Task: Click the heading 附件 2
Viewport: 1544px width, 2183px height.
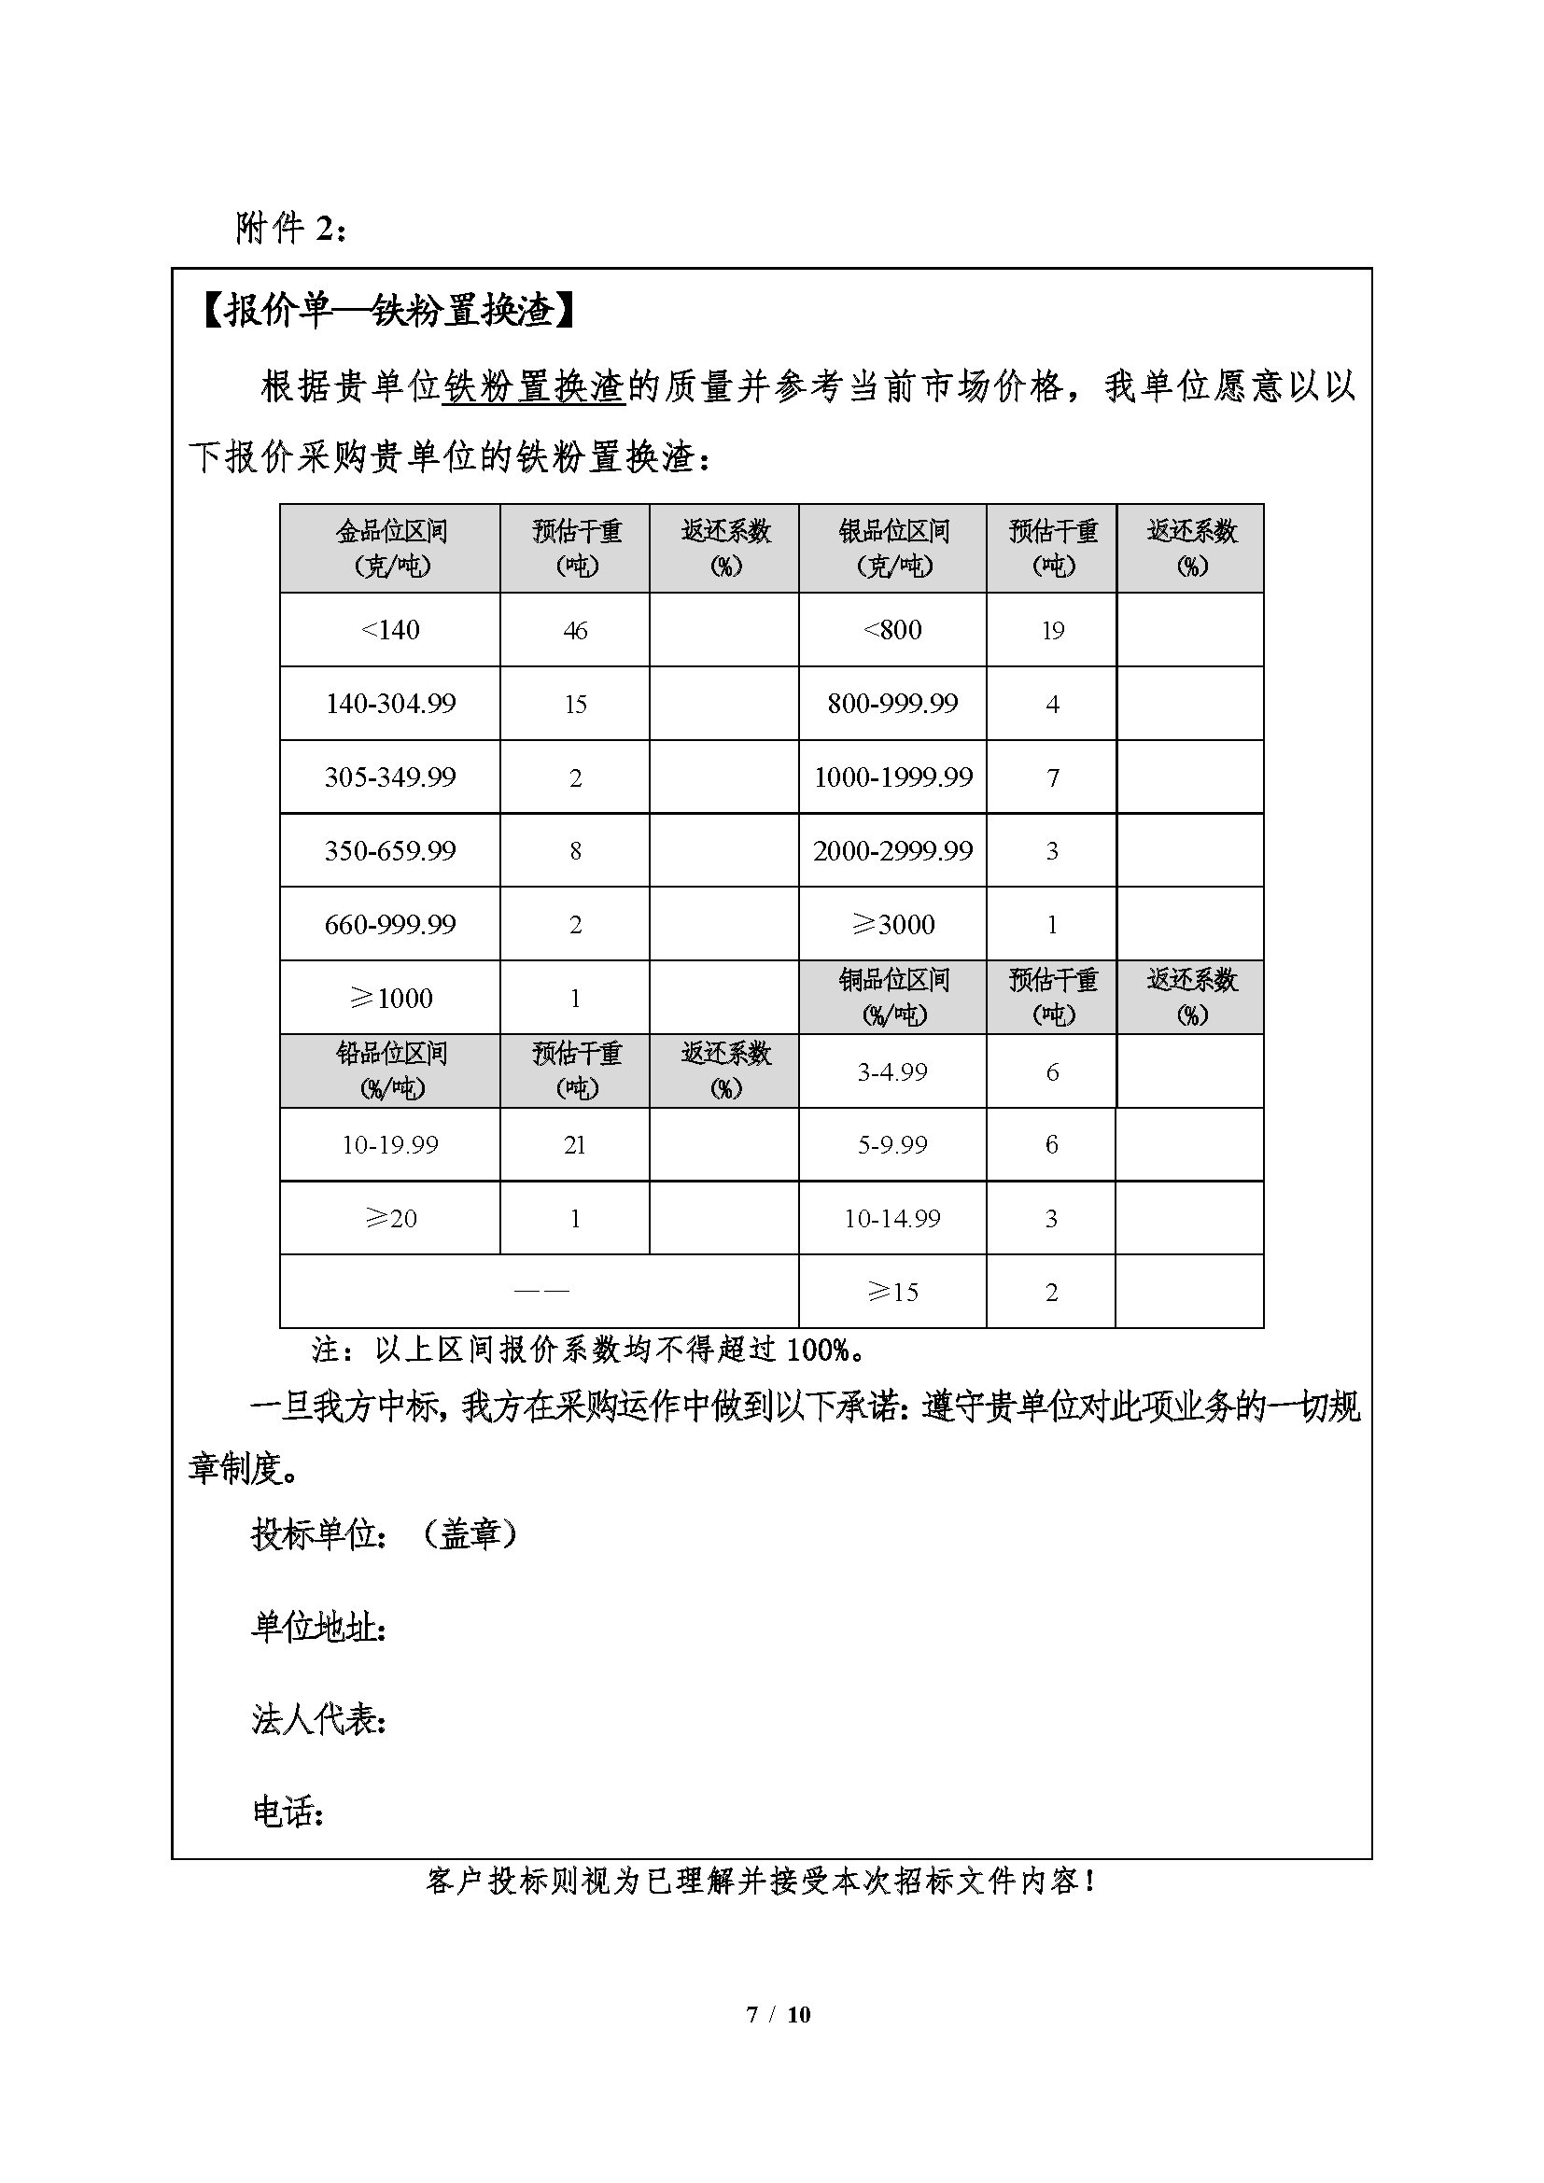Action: (x=291, y=228)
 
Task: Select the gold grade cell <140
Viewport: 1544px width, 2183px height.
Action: (x=390, y=630)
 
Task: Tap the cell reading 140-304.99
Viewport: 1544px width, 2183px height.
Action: (x=390, y=704)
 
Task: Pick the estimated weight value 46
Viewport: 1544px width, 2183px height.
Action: (x=575, y=630)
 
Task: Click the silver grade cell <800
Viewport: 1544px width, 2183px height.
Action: (x=891, y=630)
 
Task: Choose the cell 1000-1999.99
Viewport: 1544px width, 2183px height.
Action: (x=892, y=777)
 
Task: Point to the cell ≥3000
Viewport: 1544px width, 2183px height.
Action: (x=892, y=924)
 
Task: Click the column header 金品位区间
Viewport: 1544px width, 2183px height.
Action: (x=391, y=548)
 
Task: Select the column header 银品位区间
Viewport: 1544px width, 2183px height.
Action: (x=892, y=548)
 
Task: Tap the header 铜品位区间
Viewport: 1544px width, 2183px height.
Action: (x=892, y=997)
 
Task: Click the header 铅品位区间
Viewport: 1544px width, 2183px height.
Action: (x=391, y=1070)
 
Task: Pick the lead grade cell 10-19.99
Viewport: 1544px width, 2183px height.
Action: (x=390, y=1145)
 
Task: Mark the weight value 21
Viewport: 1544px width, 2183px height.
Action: (x=574, y=1145)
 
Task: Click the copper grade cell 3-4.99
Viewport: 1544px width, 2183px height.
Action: (x=891, y=1071)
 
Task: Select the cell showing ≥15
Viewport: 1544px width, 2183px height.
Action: (x=892, y=1292)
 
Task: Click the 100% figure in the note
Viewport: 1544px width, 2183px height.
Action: (x=818, y=1350)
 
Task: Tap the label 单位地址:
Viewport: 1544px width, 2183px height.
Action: (x=318, y=1627)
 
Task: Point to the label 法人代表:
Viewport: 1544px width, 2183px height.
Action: (x=318, y=1719)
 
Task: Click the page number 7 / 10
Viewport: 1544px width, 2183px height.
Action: (x=779, y=2014)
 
